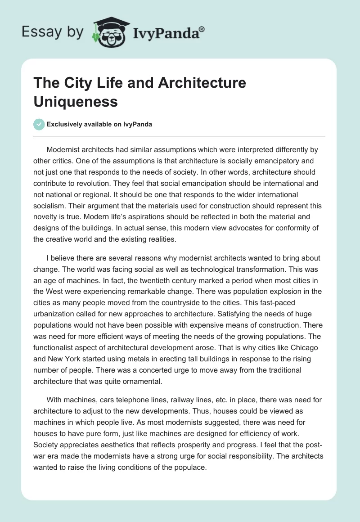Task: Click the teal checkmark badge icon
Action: (x=39, y=124)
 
